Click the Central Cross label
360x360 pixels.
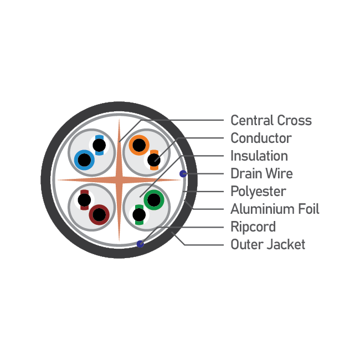pyautogui.click(x=271, y=120)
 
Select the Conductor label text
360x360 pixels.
pyautogui.click(x=261, y=138)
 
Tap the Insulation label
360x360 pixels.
pyautogui.click(x=259, y=156)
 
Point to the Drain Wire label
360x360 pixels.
pyautogui.click(x=261, y=173)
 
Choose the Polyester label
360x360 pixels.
pyautogui.click(x=258, y=192)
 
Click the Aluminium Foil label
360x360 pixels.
pyautogui.click(x=275, y=209)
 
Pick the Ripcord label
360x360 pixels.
pyautogui.click(x=253, y=227)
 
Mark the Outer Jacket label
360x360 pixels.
pyautogui.click(x=268, y=244)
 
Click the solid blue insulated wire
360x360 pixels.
pyautogui.click(x=84, y=160)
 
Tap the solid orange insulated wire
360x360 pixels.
pyautogui.click(x=139, y=145)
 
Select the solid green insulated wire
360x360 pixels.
pyautogui.click(x=154, y=200)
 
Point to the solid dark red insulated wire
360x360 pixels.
pyautogui.click(x=99, y=215)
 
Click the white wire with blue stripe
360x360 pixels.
pyautogui.click(x=99, y=145)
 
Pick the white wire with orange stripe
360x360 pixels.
pyautogui.click(x=154, y=160)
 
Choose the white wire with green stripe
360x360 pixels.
pyautogui.click(x=139, y=215)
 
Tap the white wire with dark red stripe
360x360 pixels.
pyautogui.click(x=84, y=200)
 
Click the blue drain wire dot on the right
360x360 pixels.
pyautogui.click(x=183, y=174)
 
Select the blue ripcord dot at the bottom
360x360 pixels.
pyautogui.click(x=140, y=244)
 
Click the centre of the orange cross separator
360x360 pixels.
pyautogui.click(x=119, y=180)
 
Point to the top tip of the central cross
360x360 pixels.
pyautogui.click(x=119, y=119)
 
